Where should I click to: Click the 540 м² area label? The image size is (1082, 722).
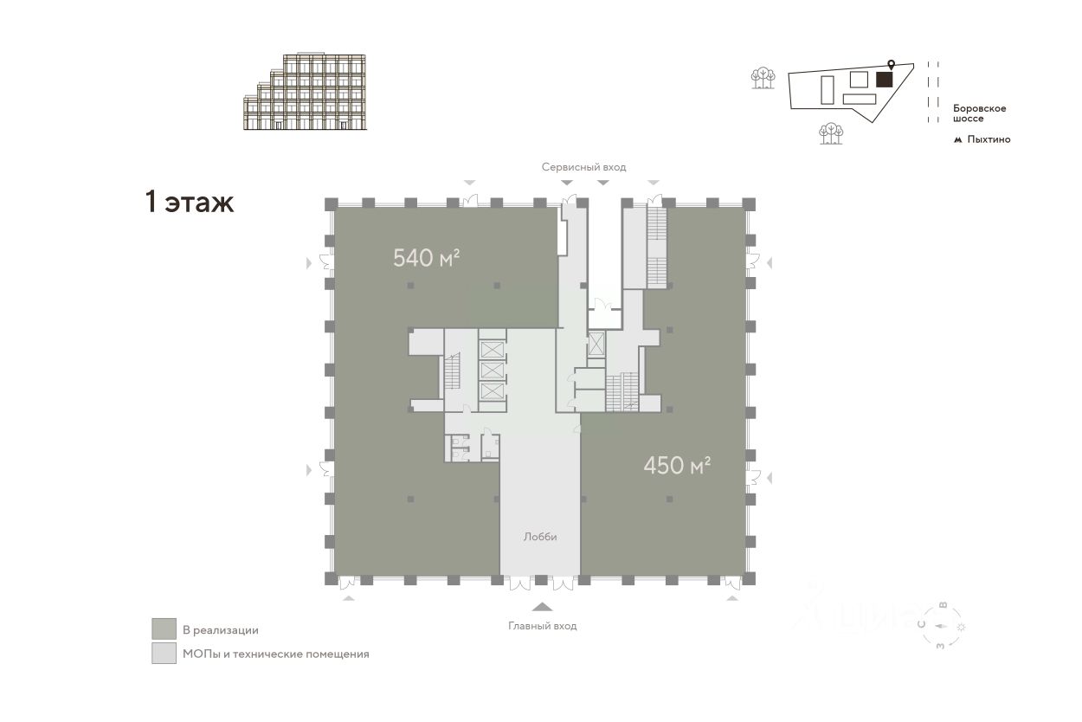pos(425,257)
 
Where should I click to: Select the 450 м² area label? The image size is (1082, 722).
pos(677,466)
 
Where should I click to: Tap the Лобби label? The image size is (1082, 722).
pos(540,537)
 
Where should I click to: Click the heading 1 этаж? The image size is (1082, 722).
pos(189,203)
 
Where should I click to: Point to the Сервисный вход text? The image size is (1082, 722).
pos(583,167)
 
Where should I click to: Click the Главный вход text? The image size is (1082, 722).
pos(542,626)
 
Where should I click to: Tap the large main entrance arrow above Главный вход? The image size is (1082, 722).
pos(542,607)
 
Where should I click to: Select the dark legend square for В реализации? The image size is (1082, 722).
pos(164,629)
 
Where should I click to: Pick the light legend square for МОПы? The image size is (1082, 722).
pos(164,654)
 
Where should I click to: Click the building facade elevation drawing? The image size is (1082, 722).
pos(306,92)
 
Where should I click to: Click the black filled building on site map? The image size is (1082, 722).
pos(884,80)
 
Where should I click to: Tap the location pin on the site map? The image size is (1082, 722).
pos(891,65)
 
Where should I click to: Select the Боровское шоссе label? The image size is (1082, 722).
pos(979,113)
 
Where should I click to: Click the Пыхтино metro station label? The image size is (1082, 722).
pos(989,139)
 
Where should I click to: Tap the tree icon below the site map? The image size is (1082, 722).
pos(831,133)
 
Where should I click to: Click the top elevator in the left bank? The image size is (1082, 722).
pos(491,350)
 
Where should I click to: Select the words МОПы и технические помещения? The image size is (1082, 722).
pos(275,654)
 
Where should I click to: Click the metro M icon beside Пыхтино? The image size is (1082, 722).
pos(958,139)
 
